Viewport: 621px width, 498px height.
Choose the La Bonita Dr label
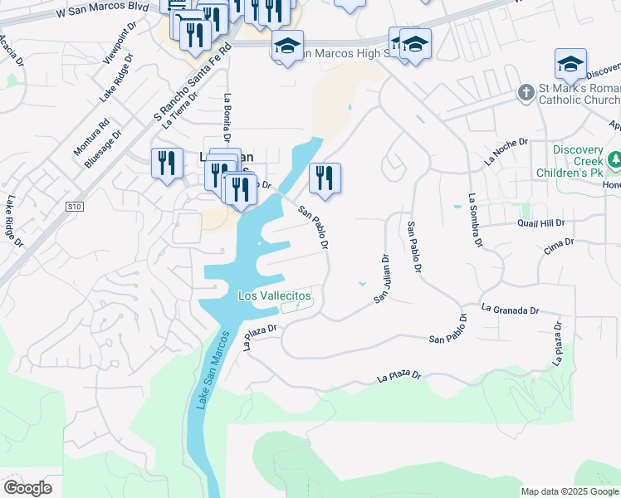tap(226, 117)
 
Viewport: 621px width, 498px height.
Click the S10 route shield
tap(76, 206)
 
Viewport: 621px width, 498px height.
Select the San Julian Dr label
tap(383, 278)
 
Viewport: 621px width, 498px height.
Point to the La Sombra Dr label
tap(474, 221)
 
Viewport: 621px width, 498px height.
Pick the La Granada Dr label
tap(510, 310)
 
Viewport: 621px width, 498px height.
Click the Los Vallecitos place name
tap(275, 295)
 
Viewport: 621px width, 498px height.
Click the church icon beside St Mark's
tap(526, 92)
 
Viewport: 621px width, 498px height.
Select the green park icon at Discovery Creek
tap(616, 158)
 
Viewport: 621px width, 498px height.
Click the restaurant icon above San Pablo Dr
tap(325, 178)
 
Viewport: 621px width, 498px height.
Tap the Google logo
tap(27, 488)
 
